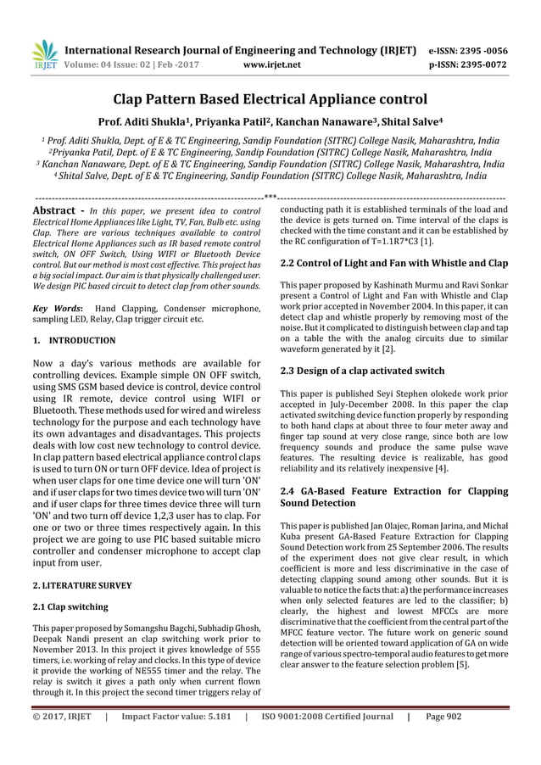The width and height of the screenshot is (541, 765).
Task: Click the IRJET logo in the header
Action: pyautogui.click(x=44, y=53)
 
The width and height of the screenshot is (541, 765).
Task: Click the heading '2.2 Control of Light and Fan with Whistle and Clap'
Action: pyautogui.click(x=393, y=263)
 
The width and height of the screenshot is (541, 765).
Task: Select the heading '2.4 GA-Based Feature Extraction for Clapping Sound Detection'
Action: pyautogui.click(x=393, y=497)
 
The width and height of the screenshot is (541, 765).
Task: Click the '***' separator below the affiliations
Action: pyautogui.click(x=270, y=198)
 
